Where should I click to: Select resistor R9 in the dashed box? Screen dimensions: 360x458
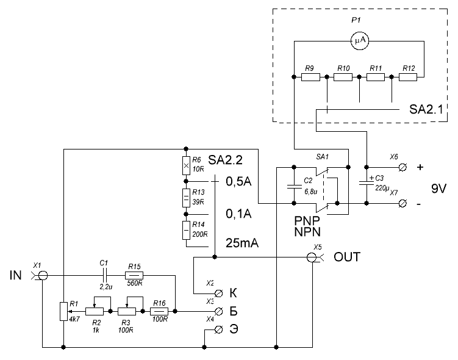coord(309,77)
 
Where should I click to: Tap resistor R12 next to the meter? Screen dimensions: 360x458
coord(408,77)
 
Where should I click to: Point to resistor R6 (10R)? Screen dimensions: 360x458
coord(185,165)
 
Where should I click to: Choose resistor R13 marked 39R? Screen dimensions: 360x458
coord(185,198)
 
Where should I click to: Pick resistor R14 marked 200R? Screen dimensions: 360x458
coord(185,231)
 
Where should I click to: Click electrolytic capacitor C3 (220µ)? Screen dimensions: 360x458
coord(367,183)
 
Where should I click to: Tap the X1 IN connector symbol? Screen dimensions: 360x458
coord(41,275)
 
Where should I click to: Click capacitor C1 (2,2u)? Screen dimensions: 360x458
coord(104,275)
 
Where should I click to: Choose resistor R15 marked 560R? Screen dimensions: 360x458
coord(134,275)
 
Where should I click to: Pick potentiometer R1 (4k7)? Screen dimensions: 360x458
coord(63,311)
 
